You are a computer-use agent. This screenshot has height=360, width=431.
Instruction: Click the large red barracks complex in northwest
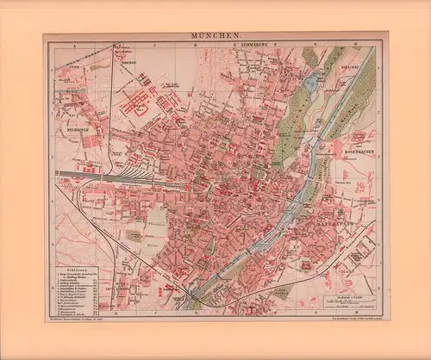(134, 106)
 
